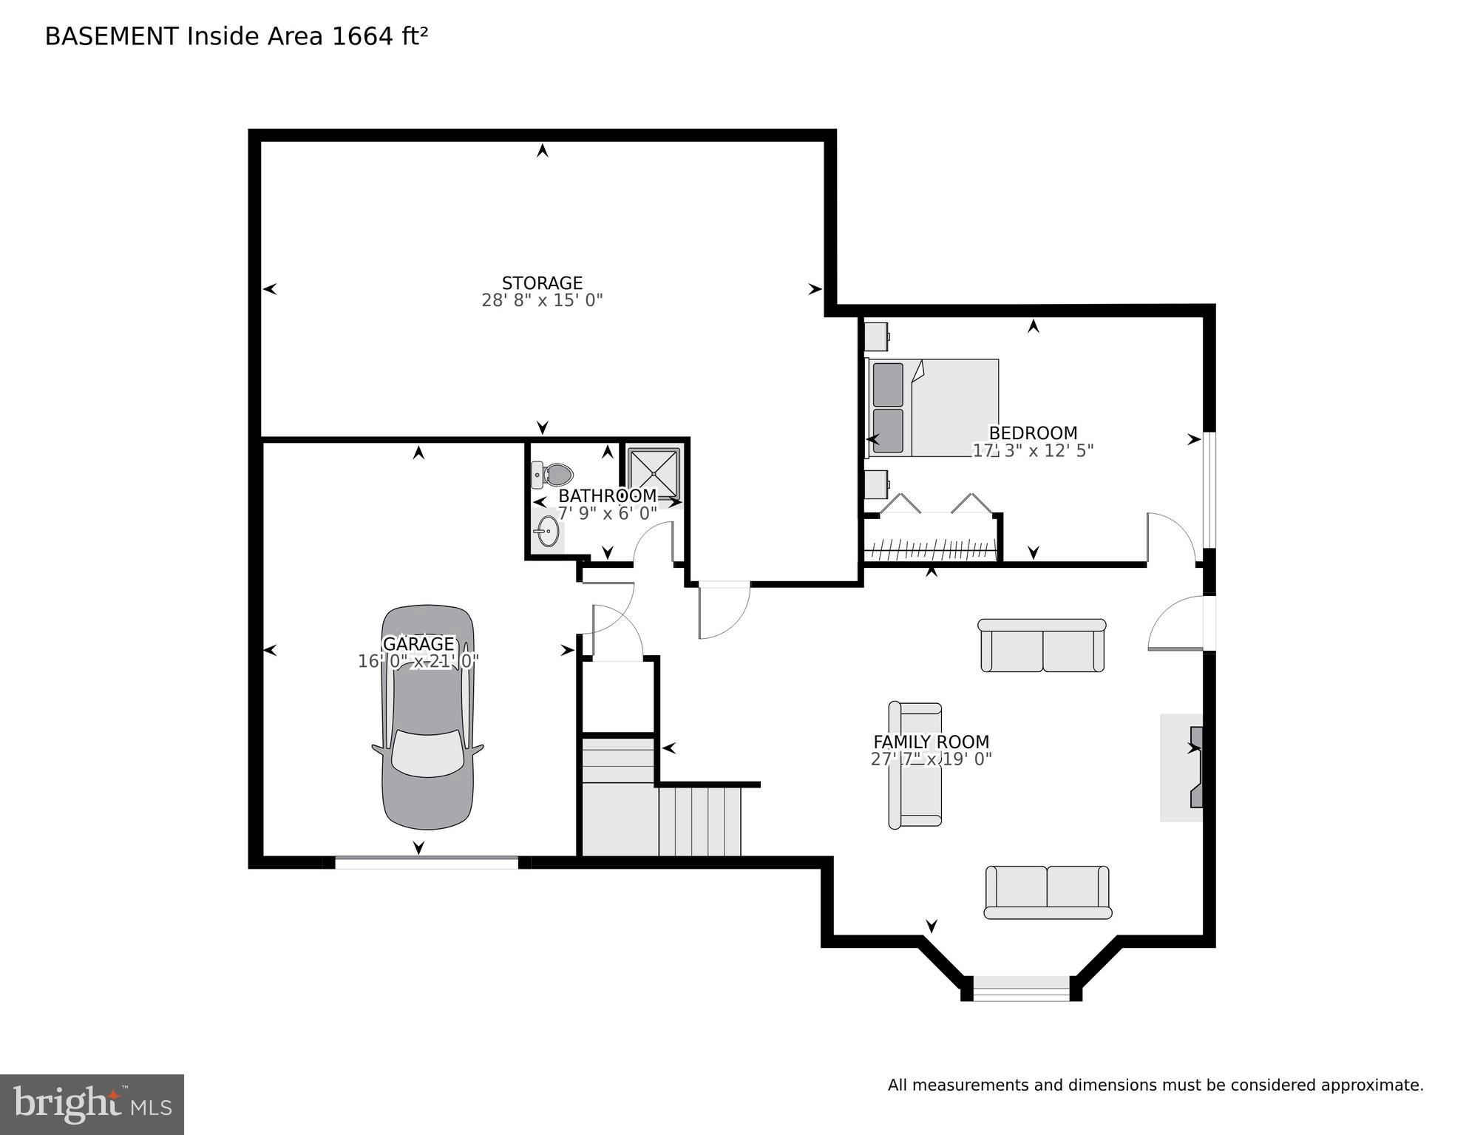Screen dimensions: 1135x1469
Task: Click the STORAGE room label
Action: (x=542, y=282)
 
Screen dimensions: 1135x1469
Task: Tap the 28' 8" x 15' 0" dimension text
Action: (x=542, y=300)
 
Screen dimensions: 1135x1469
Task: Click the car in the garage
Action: (x=428, y=717)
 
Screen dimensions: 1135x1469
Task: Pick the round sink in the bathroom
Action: (x=548, y=532)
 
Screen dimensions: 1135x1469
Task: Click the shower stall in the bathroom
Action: (x=654, y=473)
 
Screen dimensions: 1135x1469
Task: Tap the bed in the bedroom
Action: (x=933, y=407)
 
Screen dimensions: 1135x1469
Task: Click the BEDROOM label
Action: (x=1033, y=433)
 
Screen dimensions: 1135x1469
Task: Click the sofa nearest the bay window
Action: (x=1048, y=892)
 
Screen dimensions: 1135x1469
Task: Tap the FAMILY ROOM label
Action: (x=931, y=742)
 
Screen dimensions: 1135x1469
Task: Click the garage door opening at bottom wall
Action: (x=427, y=861)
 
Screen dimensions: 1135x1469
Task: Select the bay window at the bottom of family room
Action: (x=1021, y=988)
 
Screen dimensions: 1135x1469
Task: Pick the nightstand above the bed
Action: (x=876, y=337)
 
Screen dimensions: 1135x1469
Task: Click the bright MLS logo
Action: (x=92, y=1104)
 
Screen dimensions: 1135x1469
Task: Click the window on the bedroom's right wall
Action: (x=1209, y=489)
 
